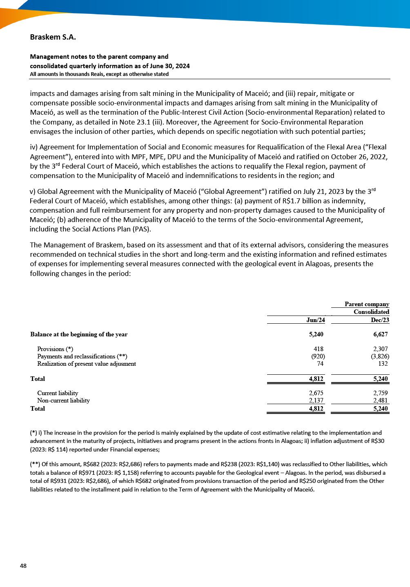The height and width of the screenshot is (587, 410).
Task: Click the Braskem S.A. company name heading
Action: tap(53, 37)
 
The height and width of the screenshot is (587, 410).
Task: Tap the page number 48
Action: tap(23, 565)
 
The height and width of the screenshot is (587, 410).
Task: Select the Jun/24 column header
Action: tap(316, 320)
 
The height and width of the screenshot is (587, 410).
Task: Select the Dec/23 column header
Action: tap(380, 320)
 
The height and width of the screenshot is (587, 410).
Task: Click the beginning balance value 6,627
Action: tap(380, 334)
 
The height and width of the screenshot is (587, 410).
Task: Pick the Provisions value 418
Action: tap(318, 349)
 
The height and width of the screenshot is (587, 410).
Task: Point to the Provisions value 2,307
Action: tap(380, 349)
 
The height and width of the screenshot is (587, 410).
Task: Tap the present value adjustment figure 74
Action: tap(320, 364)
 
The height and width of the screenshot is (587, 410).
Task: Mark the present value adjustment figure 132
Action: tap(383, 364)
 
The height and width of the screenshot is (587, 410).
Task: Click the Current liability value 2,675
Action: tap(316, 393)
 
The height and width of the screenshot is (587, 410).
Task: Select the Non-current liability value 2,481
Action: tap(380, 400)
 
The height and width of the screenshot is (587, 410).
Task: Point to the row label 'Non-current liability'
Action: tap(63, 400)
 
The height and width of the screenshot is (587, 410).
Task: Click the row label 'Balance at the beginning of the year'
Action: tap(79, 334)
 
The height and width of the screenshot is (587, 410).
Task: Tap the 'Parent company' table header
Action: tap(367, 304)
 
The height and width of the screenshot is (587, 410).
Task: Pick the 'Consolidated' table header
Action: tap(371, 312)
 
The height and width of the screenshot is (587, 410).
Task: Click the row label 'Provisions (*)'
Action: tap(55, 349)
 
